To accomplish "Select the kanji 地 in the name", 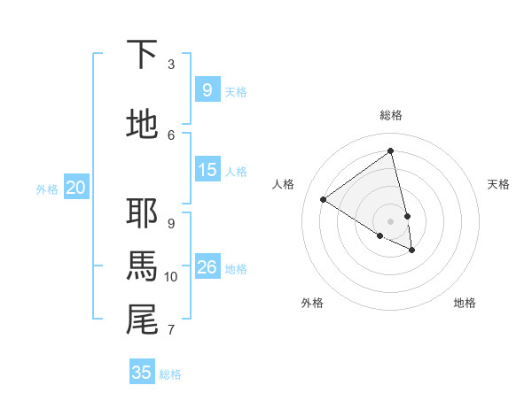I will (x=143, y=124).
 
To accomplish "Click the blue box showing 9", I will (x=207, y=89).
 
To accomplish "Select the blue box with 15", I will (x=207, y=169).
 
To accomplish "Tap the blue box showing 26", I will (x=207, y=266).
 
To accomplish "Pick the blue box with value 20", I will (x=75, y=187).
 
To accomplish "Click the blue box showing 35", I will (x=141, y=372).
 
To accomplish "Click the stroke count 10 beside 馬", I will (x=171, y=277).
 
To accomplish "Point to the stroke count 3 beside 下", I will (x=171, y=65).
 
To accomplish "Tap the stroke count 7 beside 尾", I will (x=171, y=330).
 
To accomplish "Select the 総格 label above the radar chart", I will (x=391, y=115).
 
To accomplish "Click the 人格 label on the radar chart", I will (x=284, y=184).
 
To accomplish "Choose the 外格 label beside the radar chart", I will (x=312, y=303).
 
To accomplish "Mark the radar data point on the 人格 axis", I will (x=324, y=199).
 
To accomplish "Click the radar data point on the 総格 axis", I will (x=391, y=151).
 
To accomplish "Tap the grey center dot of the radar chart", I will (x=391, y=220).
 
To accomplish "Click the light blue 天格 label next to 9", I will (x=236, y=91).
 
